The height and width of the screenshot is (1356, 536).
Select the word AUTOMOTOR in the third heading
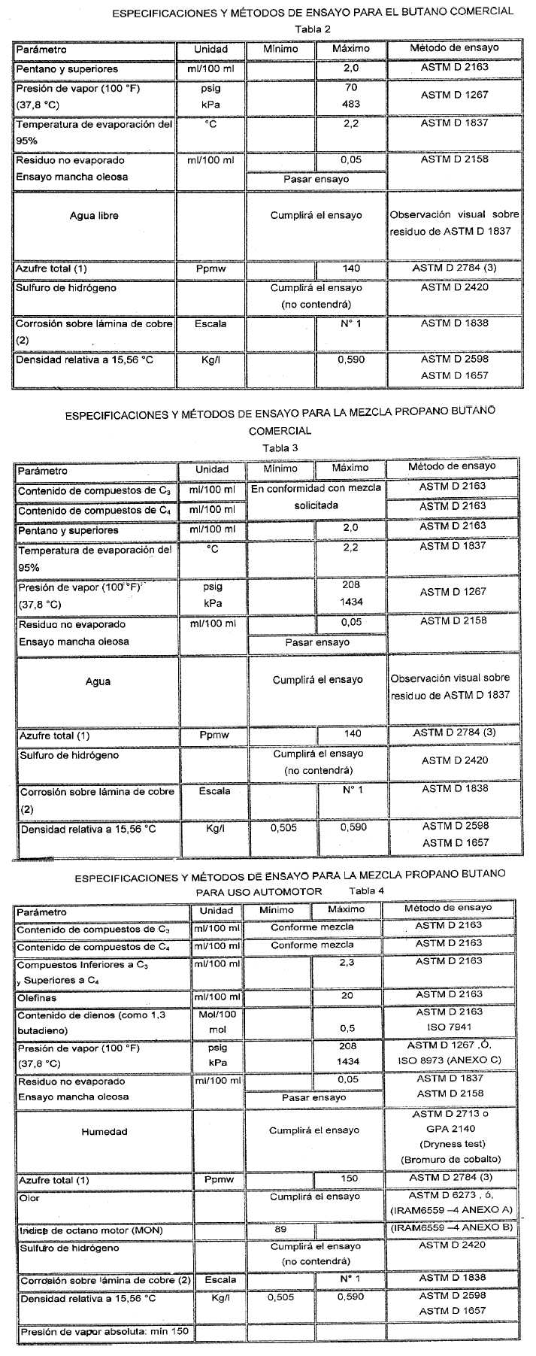[296, 891]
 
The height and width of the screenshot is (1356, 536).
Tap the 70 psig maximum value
[351, 87]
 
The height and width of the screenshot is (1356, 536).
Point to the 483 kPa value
[351, 104]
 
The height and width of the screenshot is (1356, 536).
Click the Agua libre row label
[94, 216]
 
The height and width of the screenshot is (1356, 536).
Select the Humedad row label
[104, 1131]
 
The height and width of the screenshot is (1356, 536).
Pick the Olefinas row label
[38, 997]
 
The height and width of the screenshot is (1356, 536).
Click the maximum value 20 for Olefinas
[347, 995]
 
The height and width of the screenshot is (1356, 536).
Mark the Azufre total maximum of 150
[349, 1179]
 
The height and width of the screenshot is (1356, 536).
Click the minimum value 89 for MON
[281, 1229]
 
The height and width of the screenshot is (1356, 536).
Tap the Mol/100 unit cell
[217, 1014]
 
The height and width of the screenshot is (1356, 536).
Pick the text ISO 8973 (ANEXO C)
[450, 1061]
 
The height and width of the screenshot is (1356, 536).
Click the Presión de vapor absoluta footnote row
[106, 1331]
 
